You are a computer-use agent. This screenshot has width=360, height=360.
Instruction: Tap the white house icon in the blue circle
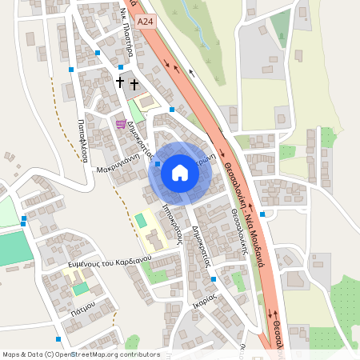click(180, 173)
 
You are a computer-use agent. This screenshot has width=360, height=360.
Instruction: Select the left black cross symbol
click(121, 82)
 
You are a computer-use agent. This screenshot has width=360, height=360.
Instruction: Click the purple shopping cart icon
click(121, 124)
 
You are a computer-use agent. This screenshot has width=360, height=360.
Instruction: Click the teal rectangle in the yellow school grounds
click(141, 219)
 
